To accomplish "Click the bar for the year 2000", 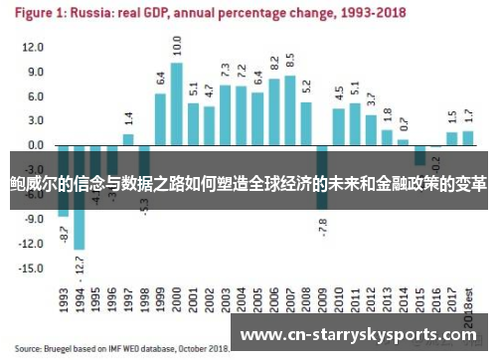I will click(x=176, y=103).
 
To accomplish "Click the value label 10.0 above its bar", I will click(x=176, y=46).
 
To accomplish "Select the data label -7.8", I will click(x=322, y=225).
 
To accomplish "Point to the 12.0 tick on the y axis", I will click(x=33, y=48).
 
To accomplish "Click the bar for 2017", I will click(x=452, y=138).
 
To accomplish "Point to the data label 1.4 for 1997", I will click(x=128, y=118).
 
